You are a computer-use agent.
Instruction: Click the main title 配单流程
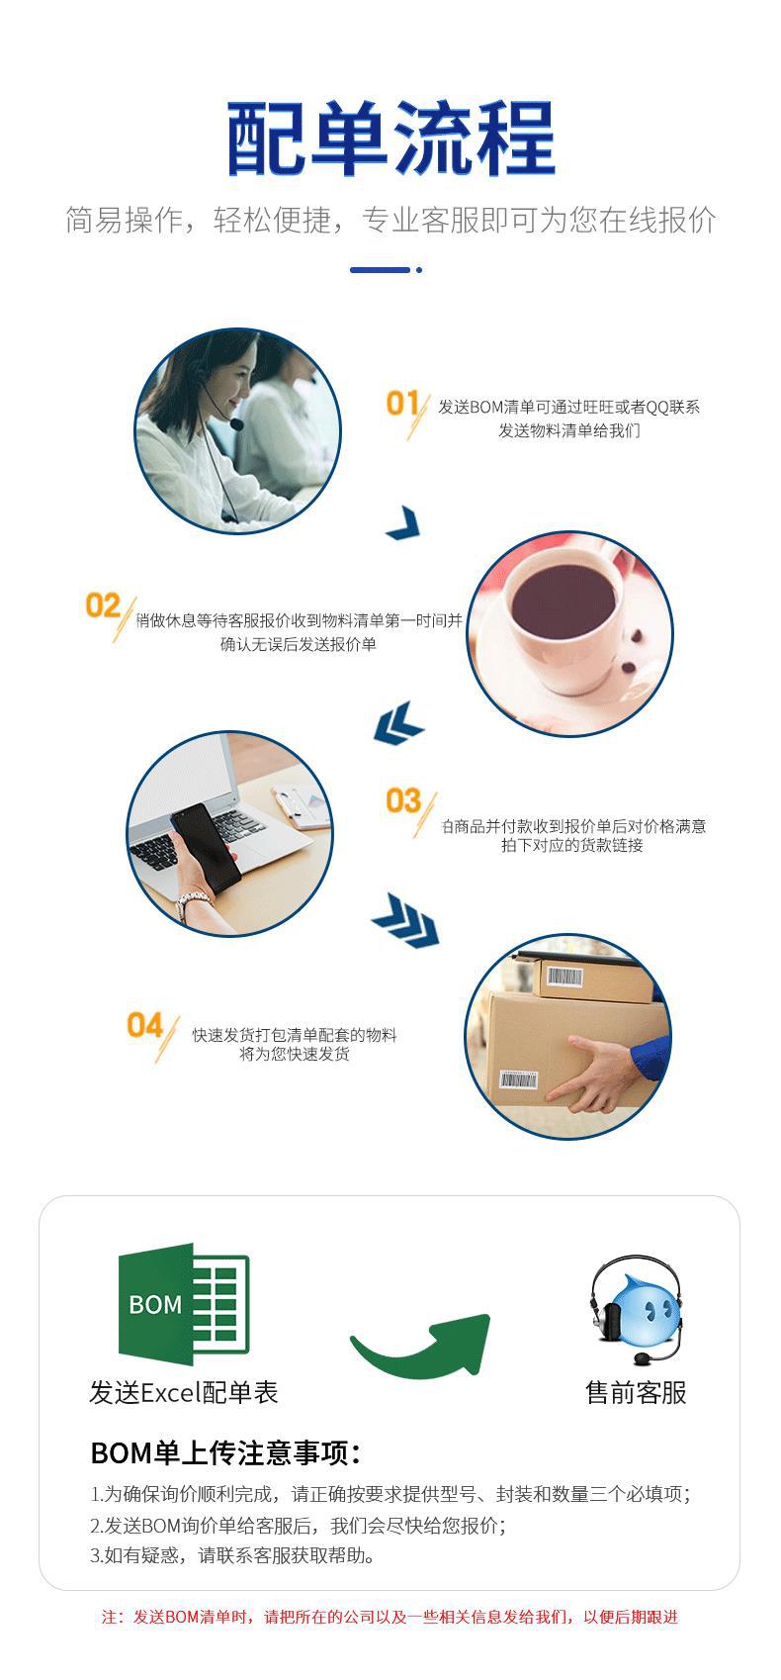390,140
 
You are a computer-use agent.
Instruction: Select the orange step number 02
103,605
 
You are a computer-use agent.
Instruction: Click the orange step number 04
144,1025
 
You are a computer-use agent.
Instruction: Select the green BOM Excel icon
184,1303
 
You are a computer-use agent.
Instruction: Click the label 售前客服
636,1393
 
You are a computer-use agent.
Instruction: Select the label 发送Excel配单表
184,1393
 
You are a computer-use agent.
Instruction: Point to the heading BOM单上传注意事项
225,1452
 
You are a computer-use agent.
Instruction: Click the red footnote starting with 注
390,1617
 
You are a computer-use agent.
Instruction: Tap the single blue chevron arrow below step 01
404,522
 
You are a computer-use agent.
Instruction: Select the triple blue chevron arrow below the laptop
405,920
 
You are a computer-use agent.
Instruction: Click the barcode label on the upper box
564,978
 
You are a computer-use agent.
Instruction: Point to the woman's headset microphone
236,424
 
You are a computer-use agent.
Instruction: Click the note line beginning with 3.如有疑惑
233,1555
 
